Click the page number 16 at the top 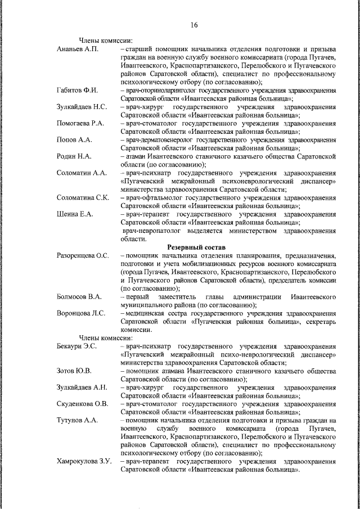tap(194, 25)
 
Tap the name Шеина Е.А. tap(75, 214)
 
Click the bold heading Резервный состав tap(196, 247)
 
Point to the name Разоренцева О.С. tap(83, 255)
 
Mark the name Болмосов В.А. tap(79, 296)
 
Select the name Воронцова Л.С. tap(80, 313)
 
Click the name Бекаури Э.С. tap(77, 346)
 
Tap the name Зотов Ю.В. tap(74, 371)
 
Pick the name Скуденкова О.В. tap(82, 404)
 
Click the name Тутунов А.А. tap(77, 420)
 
